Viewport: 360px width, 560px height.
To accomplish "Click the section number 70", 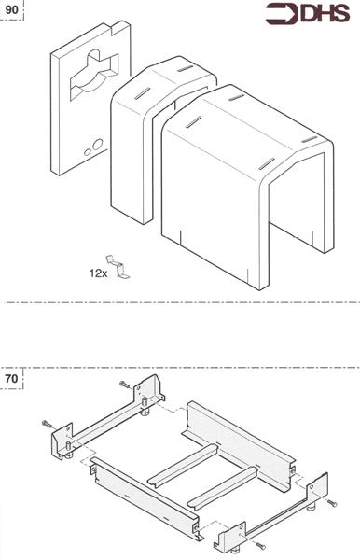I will (12, 380).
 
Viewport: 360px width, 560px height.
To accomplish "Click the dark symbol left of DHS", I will (281, 13).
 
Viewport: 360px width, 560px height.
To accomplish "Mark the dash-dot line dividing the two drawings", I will (180, 302).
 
